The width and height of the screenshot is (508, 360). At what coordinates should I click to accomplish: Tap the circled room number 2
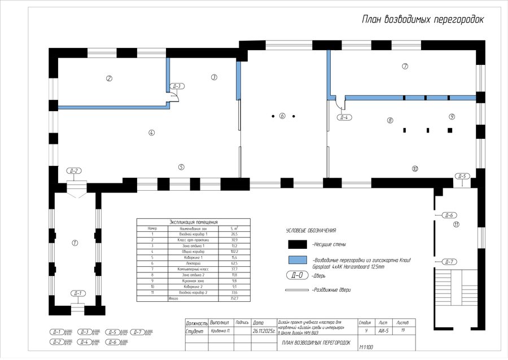tap(110, 78)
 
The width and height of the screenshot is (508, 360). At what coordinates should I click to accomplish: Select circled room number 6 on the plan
tap(282, 116)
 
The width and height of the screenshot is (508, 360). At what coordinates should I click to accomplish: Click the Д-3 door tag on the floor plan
tap(177, 86)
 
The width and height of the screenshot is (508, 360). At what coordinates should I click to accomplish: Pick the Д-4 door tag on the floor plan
tap(344, 117)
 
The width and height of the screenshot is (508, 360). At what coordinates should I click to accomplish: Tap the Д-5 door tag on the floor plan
tap(462, 176)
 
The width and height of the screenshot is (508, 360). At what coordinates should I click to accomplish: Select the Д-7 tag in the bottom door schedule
tap(137, 332)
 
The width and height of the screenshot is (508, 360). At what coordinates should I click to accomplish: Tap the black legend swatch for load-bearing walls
tap(297, 244)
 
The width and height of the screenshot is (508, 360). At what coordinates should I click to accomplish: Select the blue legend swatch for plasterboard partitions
tap(297, 260)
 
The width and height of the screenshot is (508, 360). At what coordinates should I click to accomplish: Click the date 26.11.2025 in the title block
tap(263, 332)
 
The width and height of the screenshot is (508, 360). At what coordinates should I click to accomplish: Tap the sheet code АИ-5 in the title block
tap(384, 332)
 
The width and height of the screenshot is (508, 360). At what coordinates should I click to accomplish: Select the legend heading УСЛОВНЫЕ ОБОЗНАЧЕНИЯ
tap(311, 230)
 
